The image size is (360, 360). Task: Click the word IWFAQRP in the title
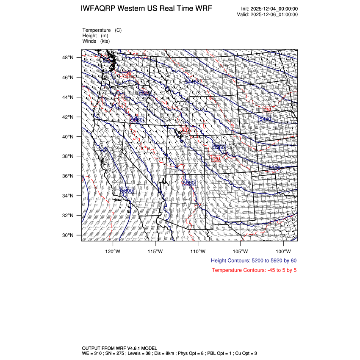[99, 9]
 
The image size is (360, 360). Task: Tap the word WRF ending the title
[203, 9]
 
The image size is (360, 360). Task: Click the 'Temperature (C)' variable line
[102, 30]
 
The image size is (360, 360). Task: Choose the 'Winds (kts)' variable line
[96, 41]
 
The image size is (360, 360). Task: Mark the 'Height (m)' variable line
[95, 36]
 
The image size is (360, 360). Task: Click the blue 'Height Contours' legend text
[253, 260]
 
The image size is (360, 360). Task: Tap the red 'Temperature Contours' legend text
[254, 270]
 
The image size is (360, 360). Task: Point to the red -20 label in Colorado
[216, 159]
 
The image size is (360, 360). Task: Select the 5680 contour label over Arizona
[188, 183]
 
